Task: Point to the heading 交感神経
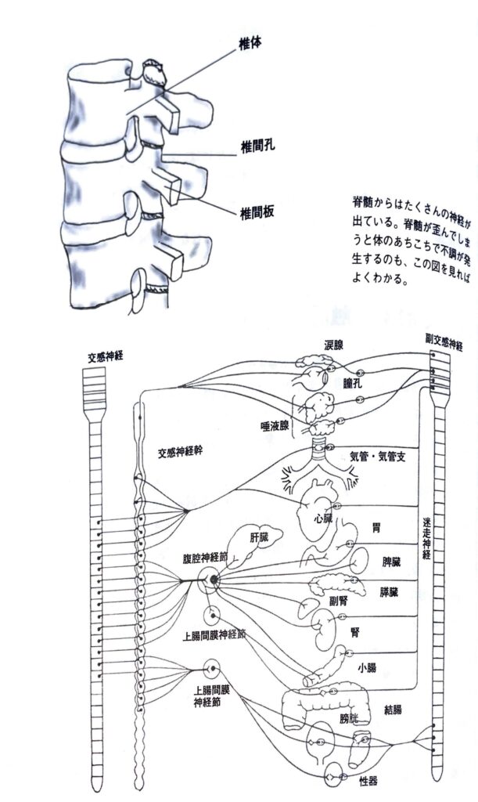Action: [107, 357]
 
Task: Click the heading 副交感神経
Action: [444, 342]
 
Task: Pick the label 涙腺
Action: [335, 345]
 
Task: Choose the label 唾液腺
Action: [275, 426]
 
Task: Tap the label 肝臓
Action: [261, 537]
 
